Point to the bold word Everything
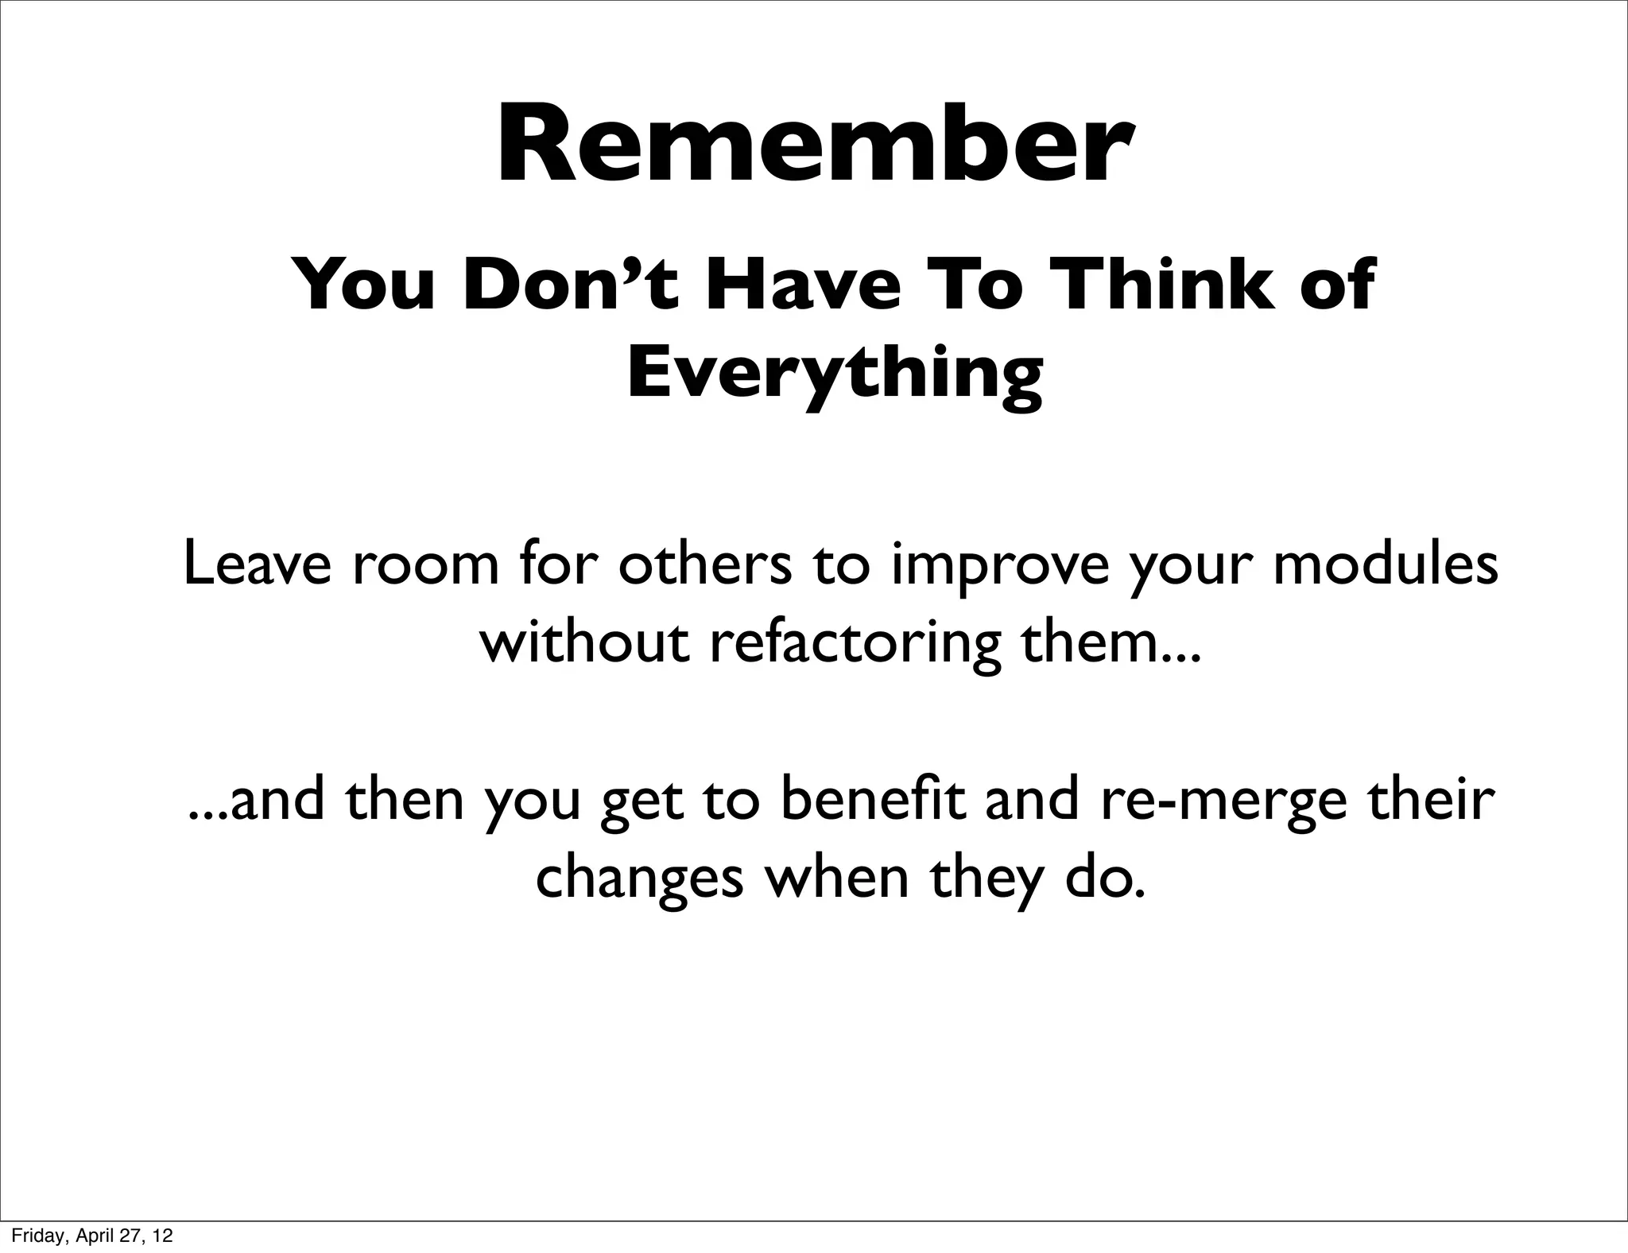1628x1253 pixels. point(835,374)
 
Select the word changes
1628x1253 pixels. point(639,879)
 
